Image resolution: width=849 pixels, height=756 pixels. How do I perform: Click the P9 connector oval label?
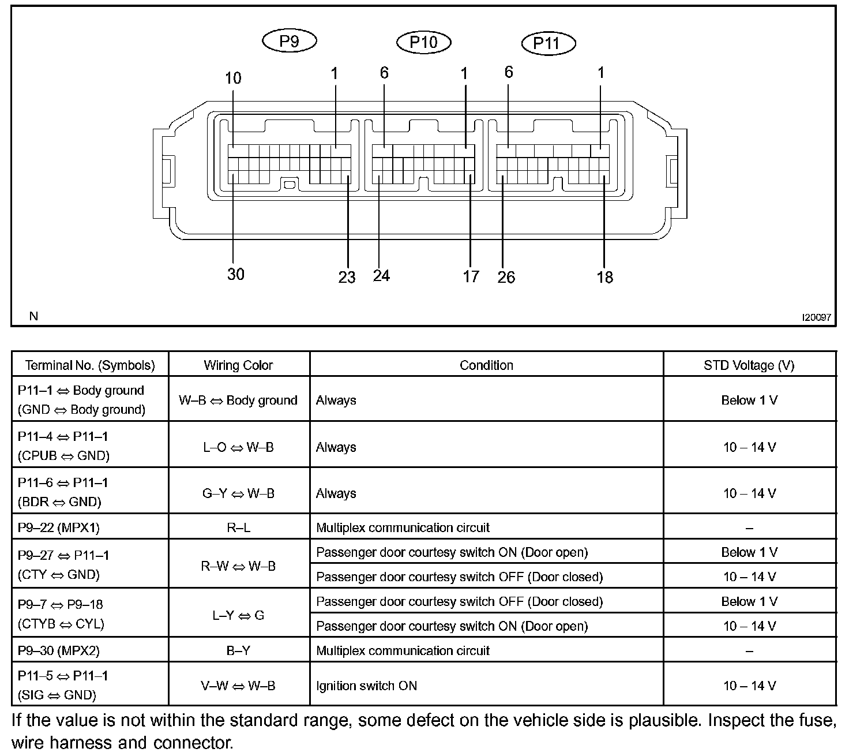(289, 41)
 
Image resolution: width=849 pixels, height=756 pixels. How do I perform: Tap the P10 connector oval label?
(424, 42)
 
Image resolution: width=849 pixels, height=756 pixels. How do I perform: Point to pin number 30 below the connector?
(236, 274)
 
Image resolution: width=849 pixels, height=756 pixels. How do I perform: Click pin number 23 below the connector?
(347, 277)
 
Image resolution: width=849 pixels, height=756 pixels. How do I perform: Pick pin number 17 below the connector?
(471, 276)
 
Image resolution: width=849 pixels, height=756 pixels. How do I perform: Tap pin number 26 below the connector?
(506, 277)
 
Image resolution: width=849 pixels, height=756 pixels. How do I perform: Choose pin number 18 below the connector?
(604, 277)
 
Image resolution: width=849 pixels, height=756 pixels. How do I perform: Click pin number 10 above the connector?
(233, 78)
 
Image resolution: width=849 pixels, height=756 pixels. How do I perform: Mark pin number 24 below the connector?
(381, 276)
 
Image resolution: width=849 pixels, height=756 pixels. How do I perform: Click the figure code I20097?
(816, 317)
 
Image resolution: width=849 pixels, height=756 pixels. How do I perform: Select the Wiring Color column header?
(238, 365)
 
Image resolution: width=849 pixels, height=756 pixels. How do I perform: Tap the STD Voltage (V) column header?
(749, 365)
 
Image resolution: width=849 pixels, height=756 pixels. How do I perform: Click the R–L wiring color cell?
(238, 527)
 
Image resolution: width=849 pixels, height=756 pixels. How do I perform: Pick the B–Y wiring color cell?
(238, 651)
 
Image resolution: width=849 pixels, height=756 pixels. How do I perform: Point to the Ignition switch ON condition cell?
(367, 686)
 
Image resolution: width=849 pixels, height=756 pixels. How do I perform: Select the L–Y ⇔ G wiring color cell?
(238, 615)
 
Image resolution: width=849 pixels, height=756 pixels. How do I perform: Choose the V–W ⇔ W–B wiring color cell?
(238, 686)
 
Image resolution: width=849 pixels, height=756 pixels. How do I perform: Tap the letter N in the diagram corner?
(33, 316)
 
